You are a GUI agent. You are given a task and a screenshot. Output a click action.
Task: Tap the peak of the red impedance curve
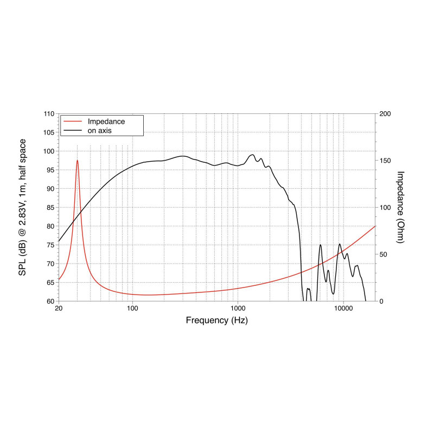(78, 160)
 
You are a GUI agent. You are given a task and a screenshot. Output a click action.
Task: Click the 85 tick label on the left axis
(50, 207)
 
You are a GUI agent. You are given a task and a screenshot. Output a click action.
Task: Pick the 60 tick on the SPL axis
(50, 301)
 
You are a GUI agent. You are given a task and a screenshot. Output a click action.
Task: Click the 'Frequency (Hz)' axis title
(217, 320)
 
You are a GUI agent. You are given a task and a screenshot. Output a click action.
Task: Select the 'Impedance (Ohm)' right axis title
(400, 207)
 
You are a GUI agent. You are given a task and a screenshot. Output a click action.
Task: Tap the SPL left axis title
(23, 207)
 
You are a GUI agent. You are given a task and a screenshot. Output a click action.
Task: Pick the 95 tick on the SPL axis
(50, 170)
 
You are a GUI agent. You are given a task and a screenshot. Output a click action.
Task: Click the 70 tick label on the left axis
(50, 264)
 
